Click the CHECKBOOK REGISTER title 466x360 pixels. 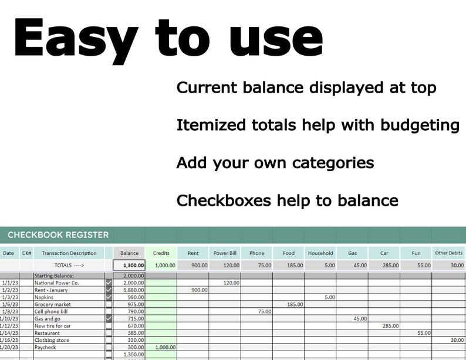point(58,235)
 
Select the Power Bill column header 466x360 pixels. point(225,253)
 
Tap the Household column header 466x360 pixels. point(320,253)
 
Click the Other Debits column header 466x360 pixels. point(449,253)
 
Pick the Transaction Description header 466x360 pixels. point(69,253)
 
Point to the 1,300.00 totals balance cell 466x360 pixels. point(129,266)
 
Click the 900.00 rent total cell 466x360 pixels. point(193,266)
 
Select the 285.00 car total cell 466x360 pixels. point(384,266)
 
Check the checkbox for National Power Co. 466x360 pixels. point(109,283)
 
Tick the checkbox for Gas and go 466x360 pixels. point(109,318)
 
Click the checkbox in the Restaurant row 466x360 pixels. point(109,332)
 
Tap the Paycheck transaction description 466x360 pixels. point(46,347)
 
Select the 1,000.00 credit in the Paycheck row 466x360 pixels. point(161,347)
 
